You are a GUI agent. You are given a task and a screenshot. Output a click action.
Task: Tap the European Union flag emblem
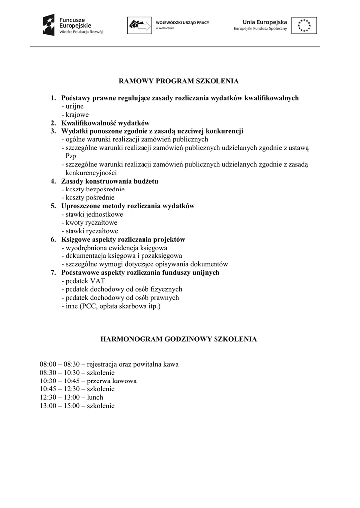click(x=304, y=25)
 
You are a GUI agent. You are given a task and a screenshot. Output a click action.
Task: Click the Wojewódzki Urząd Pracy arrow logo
click(x=140, y=25)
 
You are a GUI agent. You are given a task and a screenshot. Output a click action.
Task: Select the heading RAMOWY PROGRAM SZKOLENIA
click(x=179, y=81)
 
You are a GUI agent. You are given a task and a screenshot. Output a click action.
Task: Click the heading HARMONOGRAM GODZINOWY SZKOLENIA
click(x=179, y=339)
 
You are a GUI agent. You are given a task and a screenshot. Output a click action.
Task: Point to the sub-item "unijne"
click(x=72, y=106)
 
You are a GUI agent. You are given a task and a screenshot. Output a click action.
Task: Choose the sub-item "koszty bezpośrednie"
click(x=93, y=189)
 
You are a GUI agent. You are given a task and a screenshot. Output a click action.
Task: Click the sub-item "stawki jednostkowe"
click(x=92, y=214)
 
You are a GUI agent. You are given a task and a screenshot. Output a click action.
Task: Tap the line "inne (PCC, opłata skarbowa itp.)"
click(x=111, y=306)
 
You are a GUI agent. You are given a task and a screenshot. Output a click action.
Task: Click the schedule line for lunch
click(x=72, y=397)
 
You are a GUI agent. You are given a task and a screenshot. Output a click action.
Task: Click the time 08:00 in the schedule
click(x=48, y=364)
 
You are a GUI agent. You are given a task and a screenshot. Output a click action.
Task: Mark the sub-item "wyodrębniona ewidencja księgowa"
click(x=114, y=248)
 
